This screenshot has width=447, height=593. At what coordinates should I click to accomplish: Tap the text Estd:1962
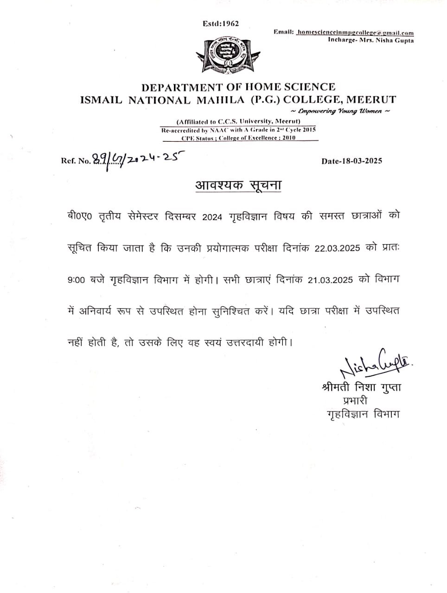221,24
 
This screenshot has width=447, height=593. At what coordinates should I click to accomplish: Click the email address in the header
355,32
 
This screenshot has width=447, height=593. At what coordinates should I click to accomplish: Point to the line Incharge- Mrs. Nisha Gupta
370,40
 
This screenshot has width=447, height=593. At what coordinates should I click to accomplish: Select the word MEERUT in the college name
371,100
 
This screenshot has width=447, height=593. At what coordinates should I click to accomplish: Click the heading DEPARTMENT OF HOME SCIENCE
238,87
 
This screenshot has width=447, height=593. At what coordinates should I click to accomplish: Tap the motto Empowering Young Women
340,111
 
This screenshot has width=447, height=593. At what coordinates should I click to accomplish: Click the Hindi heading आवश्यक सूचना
238,185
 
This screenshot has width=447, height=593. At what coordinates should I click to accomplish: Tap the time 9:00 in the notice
76,280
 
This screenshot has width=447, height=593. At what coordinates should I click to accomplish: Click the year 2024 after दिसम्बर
213,217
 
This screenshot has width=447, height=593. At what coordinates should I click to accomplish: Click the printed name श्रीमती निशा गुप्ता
361,387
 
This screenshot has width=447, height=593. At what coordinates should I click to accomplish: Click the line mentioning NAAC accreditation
238,130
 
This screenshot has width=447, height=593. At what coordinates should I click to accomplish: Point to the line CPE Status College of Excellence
238,138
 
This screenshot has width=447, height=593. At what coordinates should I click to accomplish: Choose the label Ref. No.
76,161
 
